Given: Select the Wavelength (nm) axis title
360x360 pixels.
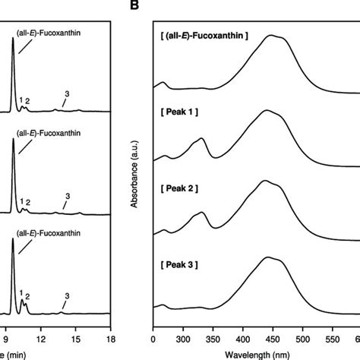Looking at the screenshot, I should pyautogui.click(x=256, y=355).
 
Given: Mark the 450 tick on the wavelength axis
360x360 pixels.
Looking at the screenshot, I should pyautogui.click(x=304, y=340).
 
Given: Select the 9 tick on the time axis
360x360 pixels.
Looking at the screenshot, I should pyautogui.click(x=7, y=340).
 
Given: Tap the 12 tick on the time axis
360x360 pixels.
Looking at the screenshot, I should pyautogui.click(x=42, y=340).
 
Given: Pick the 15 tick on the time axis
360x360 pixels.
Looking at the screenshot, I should pyautogui.click(x=77, y=340).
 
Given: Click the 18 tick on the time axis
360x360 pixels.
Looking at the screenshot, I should pyautogui.click(x=111, y=340).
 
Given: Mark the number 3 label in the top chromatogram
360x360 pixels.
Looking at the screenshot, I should pyautogui.click(x=67, y=93).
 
